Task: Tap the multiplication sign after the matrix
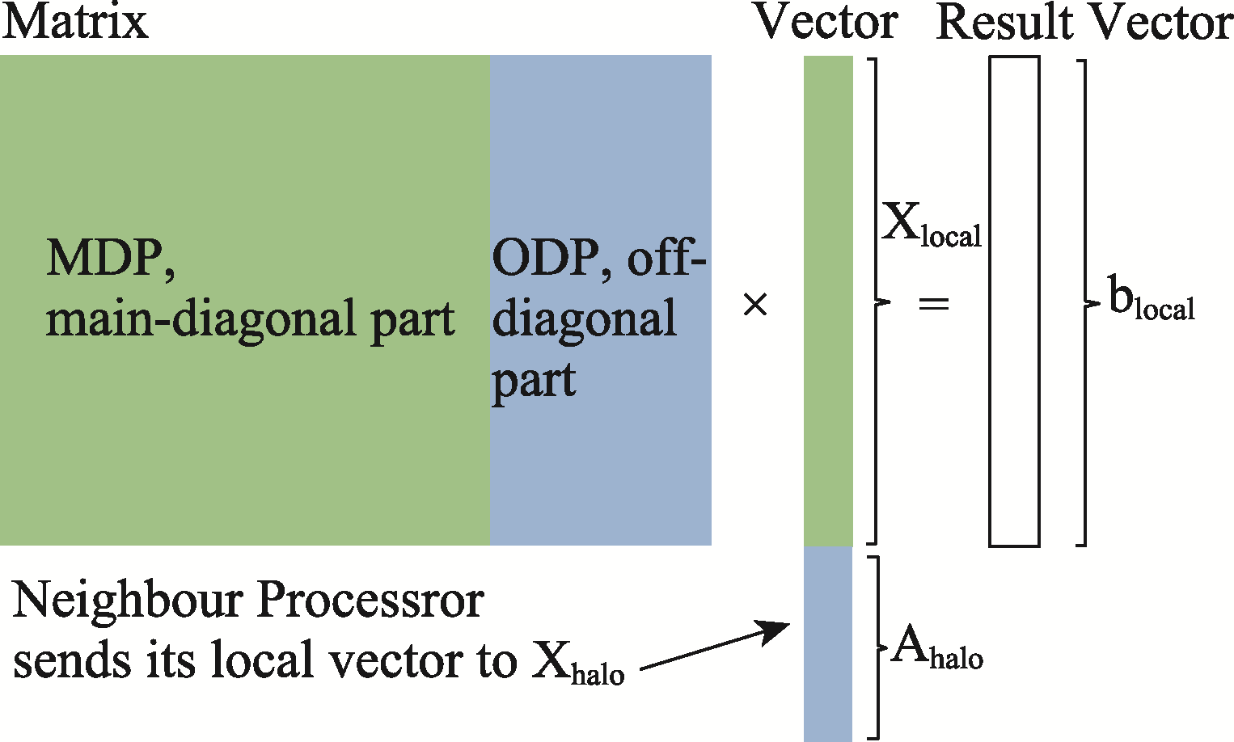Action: point(755,305)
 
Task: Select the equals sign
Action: point(934,303)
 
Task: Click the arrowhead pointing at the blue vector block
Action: point(773,631)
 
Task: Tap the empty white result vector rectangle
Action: point(1014,301)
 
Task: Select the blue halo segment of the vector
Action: point(828,643)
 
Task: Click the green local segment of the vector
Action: point(828,301)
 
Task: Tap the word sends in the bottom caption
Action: point(72,660)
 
